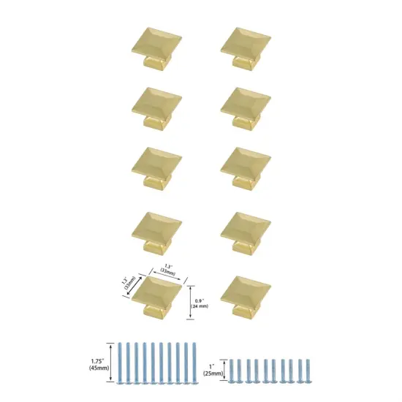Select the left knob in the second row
[x=159, y=105]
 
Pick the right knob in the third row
[x=246, y=166]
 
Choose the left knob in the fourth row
[x=159, y=228]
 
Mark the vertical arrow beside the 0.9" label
[x=189, y=301]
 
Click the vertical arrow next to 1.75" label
[x=110, y=361]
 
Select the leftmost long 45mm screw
[x=120, y=362]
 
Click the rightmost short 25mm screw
[x=308, y=371]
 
